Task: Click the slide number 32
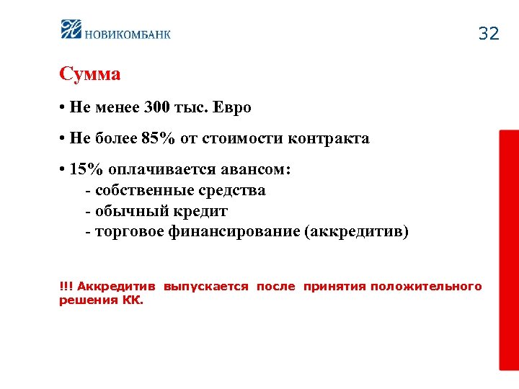488,34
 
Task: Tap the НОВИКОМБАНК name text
128,33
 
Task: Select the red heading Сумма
89,74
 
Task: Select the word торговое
125,232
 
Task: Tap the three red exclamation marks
66,287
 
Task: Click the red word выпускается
205,287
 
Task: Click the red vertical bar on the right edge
509,250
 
